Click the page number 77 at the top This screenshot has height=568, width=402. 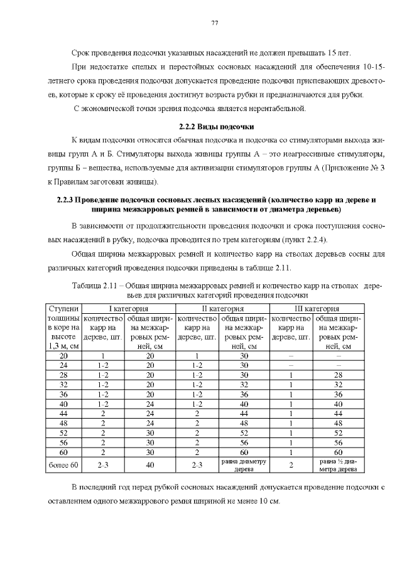pos(214,23)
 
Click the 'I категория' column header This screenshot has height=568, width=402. pos(128,309)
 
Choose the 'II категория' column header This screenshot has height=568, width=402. pos(222,309)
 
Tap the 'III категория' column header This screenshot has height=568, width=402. pos(317,309)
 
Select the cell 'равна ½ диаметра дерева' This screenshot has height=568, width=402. pos(339,465)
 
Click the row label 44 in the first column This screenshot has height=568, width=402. pos(63,414)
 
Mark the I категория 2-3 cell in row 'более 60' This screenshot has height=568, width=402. pos(104,465)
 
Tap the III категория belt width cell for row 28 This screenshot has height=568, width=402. pos(339,375)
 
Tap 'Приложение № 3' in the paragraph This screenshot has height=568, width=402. pos(355,169)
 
